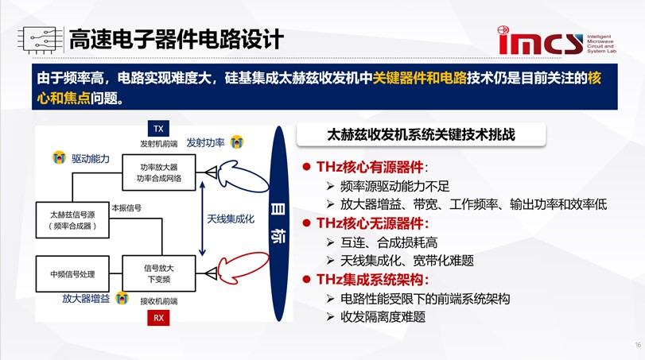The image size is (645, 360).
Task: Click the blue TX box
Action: tap(158, 129)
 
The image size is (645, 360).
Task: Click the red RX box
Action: tap(158, 318)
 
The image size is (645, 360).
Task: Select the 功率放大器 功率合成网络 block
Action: tap(159, 172)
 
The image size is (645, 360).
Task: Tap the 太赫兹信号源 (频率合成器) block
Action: tap(72, 220)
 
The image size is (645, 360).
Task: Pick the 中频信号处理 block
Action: tap(72, 273)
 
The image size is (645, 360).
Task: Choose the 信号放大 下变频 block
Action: tap(159, 273)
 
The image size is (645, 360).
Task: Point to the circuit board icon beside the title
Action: tap(41, 40)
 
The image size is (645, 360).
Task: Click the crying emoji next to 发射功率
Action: tap(236, 142)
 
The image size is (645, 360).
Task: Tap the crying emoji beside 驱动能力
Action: tap(59, 157)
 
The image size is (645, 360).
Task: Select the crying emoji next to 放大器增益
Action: tap(122, 298)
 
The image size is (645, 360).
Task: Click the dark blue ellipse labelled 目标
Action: tap(278, 223)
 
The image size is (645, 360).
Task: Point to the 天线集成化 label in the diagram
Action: tap(231, 219)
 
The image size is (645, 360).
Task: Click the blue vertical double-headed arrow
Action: tap(202, 219)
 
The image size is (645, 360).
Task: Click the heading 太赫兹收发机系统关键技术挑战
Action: tap(421, 135)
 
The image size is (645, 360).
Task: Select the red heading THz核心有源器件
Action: tap(370, 167)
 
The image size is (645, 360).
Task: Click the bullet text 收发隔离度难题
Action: tap(383, 317)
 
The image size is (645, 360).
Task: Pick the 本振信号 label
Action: tap(126, 208)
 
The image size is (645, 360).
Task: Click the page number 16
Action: tap(638, 345)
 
